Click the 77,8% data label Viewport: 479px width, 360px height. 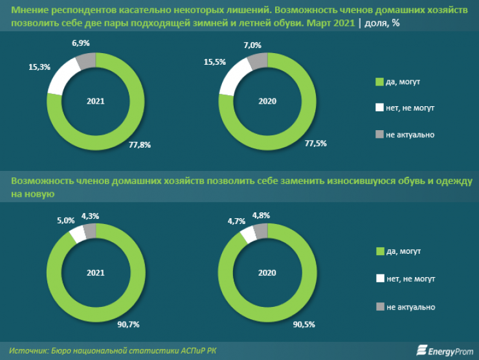coord(140,145)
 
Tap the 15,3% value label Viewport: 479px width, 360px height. coord(38,67)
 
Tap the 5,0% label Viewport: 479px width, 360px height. coord(65,220)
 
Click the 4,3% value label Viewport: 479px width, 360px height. coord(91,216)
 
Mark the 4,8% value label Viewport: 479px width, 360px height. coord(262,215)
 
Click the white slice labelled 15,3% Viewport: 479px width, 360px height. coord(61,76)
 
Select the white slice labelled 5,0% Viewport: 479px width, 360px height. coord(77,234)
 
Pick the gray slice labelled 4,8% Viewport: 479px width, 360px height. coord(260,231)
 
